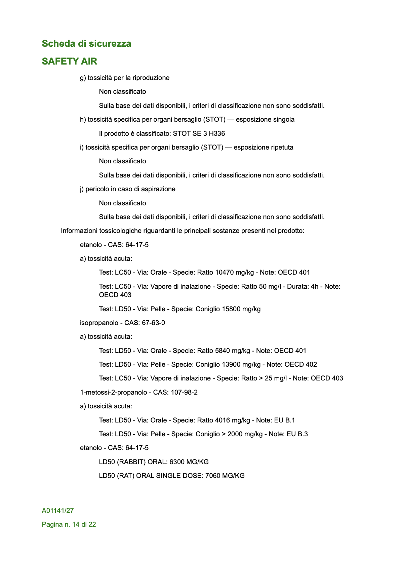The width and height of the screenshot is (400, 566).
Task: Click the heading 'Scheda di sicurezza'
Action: (86, 44)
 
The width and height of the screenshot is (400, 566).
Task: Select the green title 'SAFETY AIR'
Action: (70, 61)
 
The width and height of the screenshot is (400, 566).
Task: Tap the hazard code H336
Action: (217, 133)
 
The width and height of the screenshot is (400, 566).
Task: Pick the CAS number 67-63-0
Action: (154, 323)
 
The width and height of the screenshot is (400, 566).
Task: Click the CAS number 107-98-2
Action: (184, 393)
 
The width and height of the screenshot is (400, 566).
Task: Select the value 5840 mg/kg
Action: (232, 351)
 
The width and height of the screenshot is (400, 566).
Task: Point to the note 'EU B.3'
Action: (297, 434)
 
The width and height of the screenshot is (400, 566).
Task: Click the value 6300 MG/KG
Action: (189, 462)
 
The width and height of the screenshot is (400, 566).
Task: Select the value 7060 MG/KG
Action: (225, 476)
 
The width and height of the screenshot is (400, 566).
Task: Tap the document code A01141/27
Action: (58, 511)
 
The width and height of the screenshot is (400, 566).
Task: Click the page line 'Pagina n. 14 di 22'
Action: (69, 525)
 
